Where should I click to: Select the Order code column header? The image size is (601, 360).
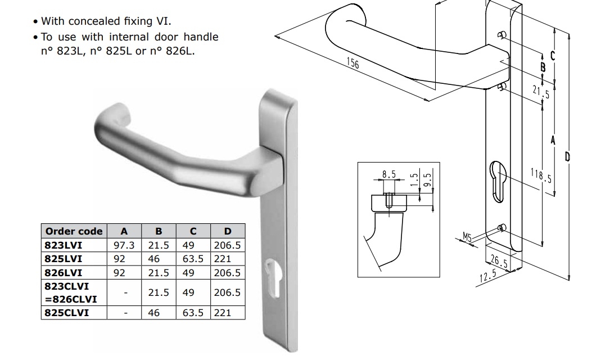coord(74,231)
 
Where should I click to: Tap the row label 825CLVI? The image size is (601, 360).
coord(67,313)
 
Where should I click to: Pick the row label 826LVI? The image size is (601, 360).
coord(64,273)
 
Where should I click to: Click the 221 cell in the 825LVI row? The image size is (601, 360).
coord(223,259)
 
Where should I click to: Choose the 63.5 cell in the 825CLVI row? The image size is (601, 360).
coord(192,313)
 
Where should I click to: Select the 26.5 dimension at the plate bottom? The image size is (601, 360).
coord(498,262)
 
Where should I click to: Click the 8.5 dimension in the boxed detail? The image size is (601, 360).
coord(389,175)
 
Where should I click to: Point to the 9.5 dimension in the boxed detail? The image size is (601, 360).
coord(428,179)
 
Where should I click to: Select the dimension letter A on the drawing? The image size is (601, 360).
coord(553,139)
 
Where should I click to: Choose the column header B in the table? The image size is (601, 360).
coord(159,231)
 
